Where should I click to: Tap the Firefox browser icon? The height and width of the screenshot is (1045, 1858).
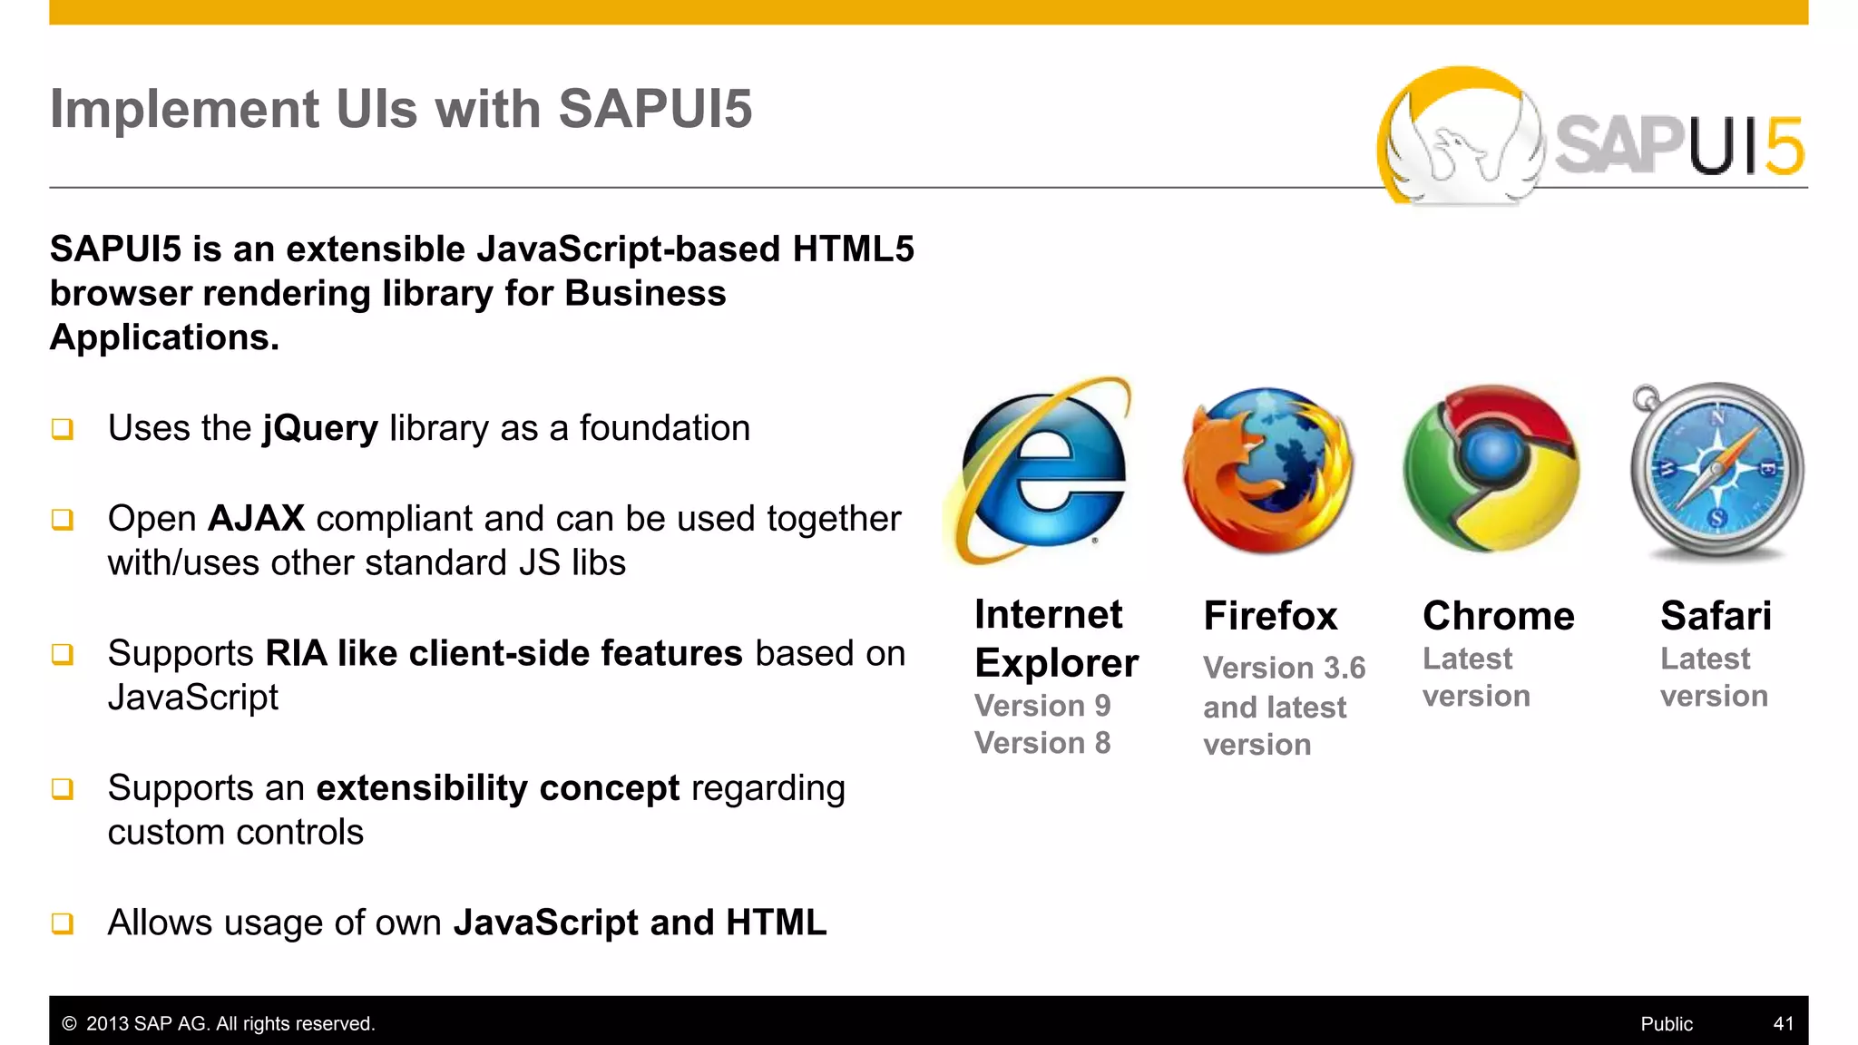[x=1268, y=470]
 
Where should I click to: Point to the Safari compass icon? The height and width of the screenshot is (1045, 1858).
[x=1716, y=470]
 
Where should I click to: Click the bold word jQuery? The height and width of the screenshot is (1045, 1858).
[x=320, y=428]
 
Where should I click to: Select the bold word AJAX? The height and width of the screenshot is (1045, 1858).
[x=256, y=519]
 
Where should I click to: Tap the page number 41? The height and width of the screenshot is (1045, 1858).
[x=1783, y=1023]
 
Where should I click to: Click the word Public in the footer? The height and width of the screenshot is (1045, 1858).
[x=1667, y=1023]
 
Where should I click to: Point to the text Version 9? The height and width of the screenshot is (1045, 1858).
[x=1042, y=706]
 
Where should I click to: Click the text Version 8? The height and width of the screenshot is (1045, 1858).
[x=1042, y=743]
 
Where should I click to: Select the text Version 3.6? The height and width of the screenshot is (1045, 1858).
[x=1284, y=668]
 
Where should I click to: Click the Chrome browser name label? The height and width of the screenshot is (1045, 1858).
[x=1498, y=616]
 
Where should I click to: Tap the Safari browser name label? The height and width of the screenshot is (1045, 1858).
[x=1716, y=616]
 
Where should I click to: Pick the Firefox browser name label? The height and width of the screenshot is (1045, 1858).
[x=1270, y=616]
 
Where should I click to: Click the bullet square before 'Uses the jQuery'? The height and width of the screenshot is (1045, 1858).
[x=63, y=428]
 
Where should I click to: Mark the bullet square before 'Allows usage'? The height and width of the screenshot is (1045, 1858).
[x=63, y=923]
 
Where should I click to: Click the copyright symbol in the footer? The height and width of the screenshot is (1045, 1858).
[x=69, y=1023]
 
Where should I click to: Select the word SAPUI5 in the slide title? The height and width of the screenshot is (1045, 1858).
[x=655, y=109]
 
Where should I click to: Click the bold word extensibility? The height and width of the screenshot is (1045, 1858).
[x=421, y=788]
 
